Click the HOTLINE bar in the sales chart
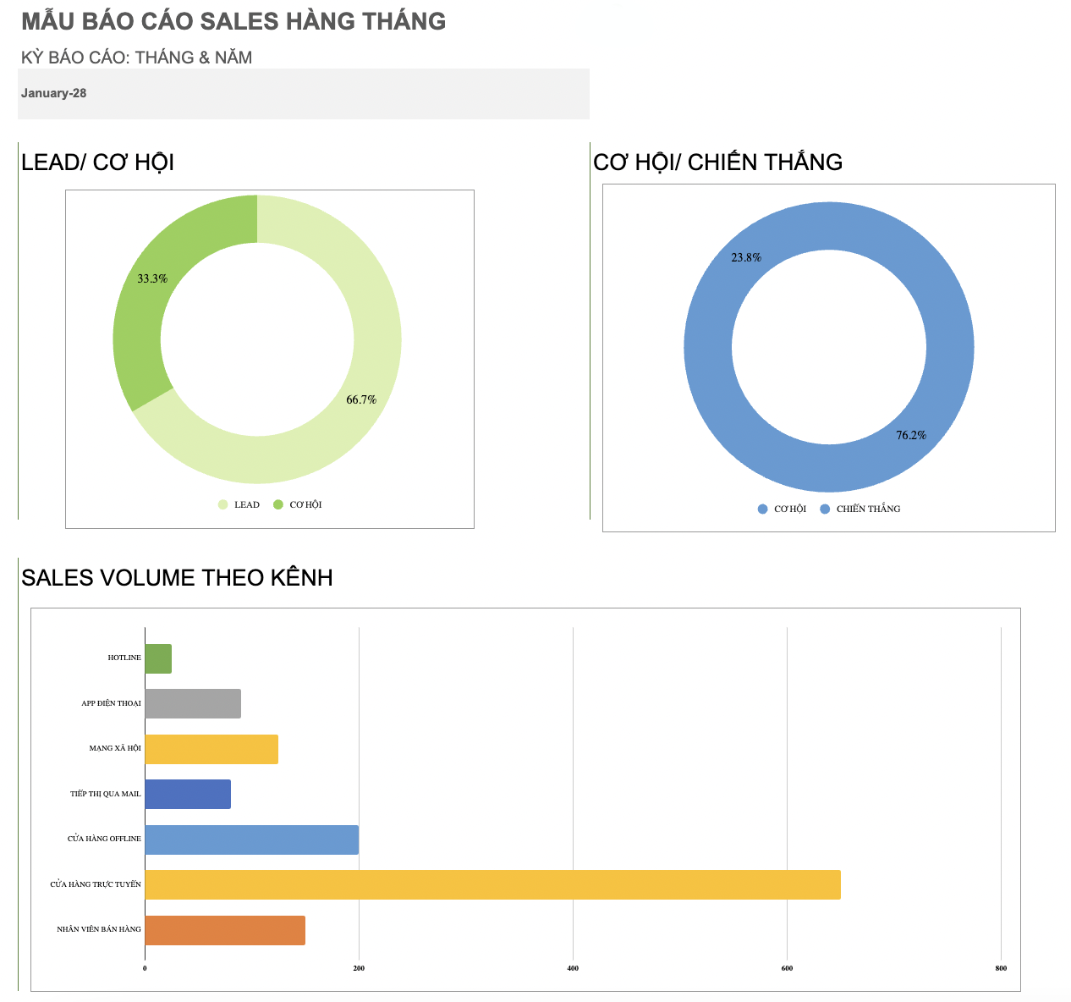point(158,658)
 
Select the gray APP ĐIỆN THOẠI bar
point(193,703)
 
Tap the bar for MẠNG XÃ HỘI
point(211,749)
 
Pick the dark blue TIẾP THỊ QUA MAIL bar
point(188,794)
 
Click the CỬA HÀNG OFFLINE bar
point(251,840)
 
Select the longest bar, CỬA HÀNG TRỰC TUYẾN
point(492,884)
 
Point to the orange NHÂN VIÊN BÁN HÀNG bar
point(225,930)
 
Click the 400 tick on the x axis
point(573,968)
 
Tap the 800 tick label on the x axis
point(1001,968)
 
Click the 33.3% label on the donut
point(152,278)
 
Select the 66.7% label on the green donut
point(361,399)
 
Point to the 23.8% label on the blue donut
point(746,257)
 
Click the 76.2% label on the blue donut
point(911,435)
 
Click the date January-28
point(53,93)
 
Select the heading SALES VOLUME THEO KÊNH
point(177,578)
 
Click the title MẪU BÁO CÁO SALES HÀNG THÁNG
point(233,21)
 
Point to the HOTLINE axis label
point(124,658)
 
